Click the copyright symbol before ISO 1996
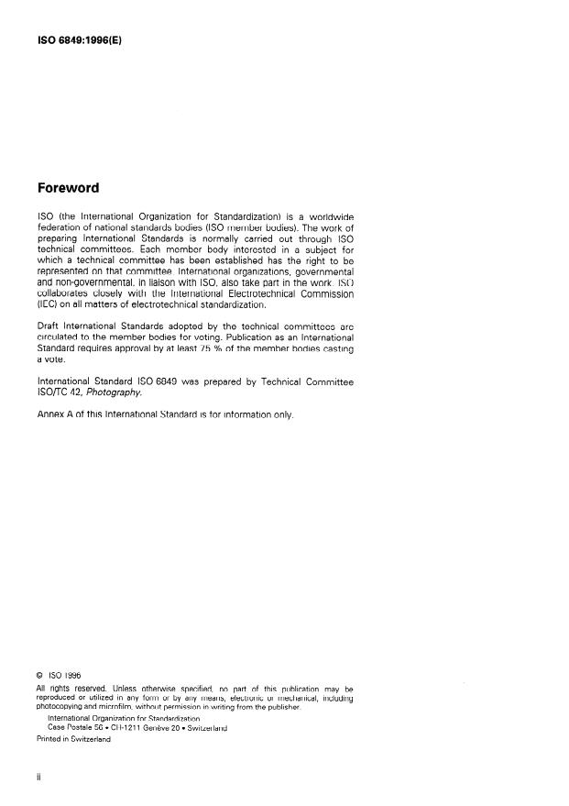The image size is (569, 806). (x=38, y=676)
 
